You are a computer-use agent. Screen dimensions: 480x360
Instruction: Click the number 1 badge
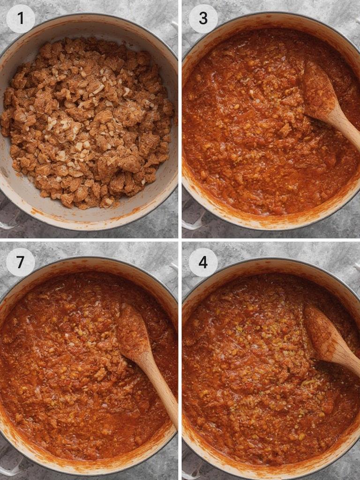click(20, 18)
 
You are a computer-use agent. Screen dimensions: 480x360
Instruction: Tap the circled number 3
click(203, 18)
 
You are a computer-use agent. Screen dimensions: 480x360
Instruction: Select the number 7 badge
click(20, 262)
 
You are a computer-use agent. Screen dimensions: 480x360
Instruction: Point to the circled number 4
click(203, 262)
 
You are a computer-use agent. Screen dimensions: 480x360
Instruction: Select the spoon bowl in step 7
click(133, 328)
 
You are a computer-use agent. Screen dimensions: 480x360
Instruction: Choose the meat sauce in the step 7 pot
click(61, 375)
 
